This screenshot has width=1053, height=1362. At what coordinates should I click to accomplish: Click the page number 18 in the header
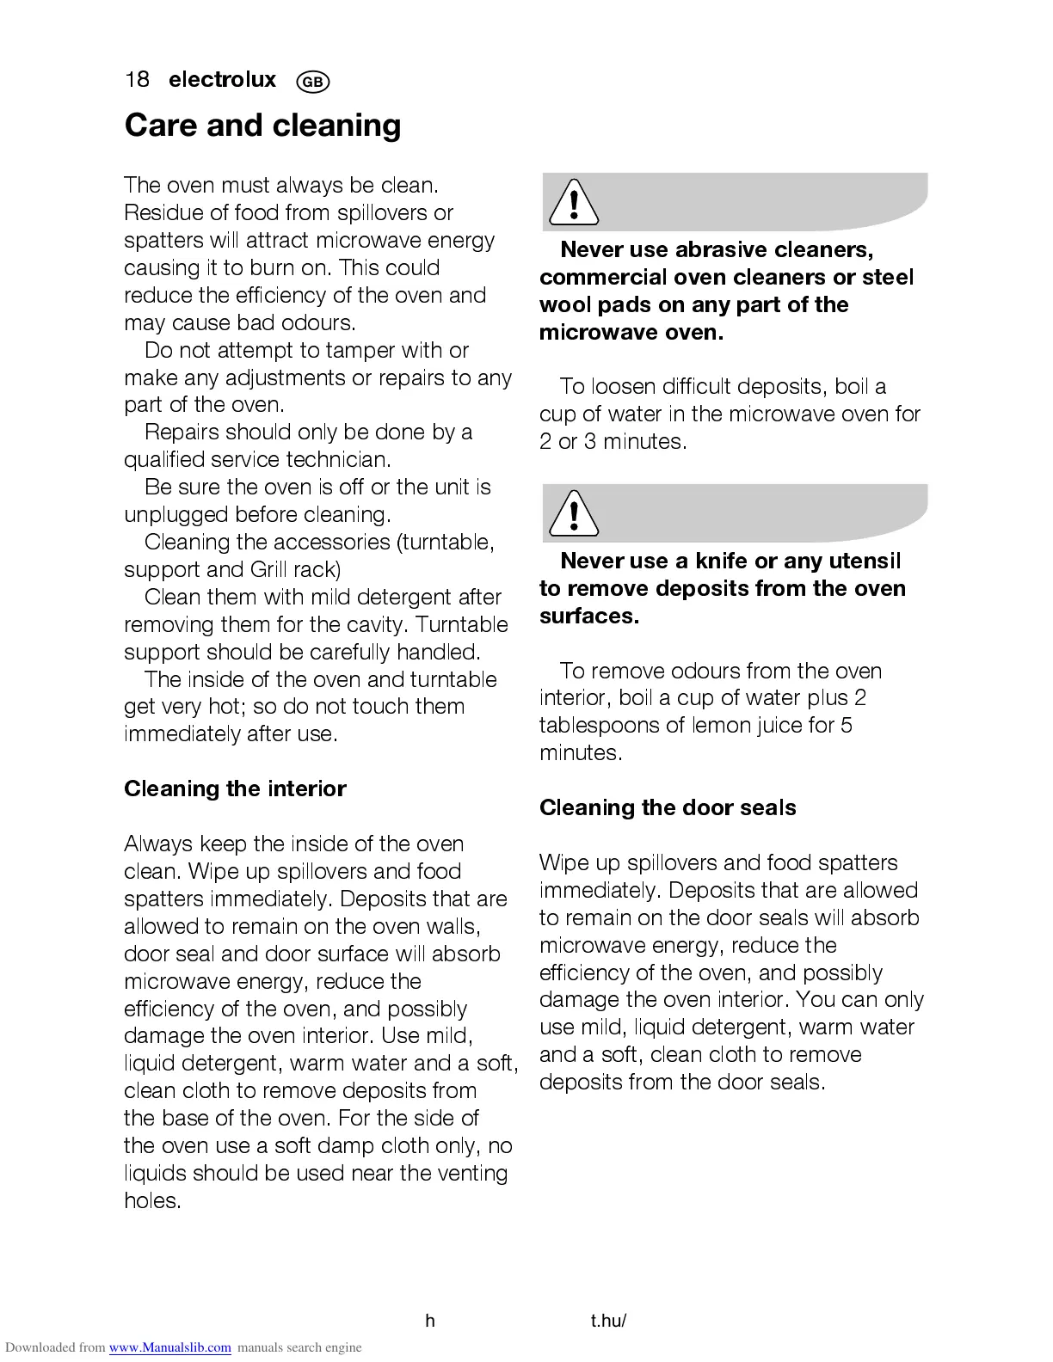[137, 80]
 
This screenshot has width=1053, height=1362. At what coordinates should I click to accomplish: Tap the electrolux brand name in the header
[223, 80]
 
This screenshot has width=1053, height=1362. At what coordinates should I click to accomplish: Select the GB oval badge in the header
[312, 82]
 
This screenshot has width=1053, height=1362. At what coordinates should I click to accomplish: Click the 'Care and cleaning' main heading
[262, 126]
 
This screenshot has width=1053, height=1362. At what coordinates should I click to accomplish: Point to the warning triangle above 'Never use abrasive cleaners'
[573, 203]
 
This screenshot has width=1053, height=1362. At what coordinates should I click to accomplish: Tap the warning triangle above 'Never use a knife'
[573, 514]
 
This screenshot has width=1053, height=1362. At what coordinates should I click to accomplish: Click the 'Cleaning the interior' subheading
[235, 788]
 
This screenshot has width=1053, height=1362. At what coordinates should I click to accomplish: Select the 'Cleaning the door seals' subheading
[668, 807]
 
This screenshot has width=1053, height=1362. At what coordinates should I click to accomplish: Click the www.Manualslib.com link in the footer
[169, 1347]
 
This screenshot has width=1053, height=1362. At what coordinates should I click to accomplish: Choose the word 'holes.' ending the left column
[152, 1200]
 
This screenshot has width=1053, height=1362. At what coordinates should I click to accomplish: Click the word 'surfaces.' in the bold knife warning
[589, 616]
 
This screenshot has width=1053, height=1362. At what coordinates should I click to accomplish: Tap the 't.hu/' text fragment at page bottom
[608, 1321]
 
